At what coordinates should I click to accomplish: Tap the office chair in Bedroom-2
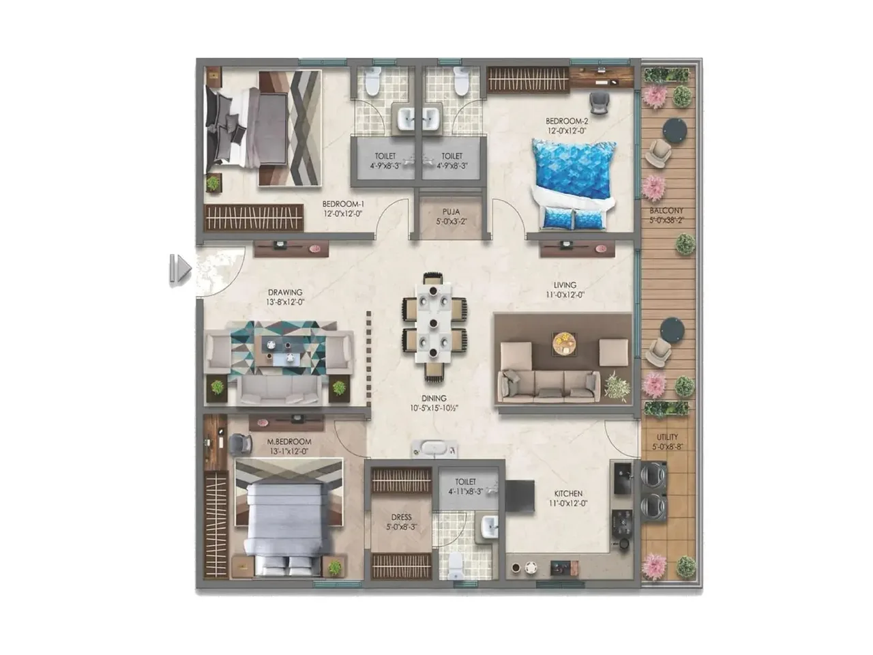[x=599, y=101]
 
